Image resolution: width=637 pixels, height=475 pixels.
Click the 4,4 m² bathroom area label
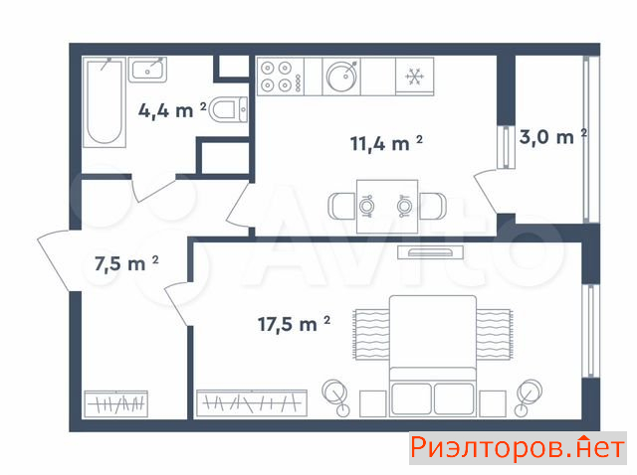click(x=172, y=110)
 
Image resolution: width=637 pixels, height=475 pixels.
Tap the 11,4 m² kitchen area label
click(x=386, y=143)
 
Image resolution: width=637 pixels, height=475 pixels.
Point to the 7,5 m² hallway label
click(x=126, y=263)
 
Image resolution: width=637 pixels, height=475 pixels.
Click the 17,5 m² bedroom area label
click(x=294, y=324)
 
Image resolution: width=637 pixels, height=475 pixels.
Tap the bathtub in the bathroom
click(x=104, y=101)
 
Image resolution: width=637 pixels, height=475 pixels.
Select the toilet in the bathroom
click(x=229, y=109)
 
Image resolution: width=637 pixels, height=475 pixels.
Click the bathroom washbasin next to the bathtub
click(x=148, y=70)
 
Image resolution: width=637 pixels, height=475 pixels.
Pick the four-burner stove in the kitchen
click(x=281, y=77)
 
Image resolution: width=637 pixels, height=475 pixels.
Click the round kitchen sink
click(x=341, y=77)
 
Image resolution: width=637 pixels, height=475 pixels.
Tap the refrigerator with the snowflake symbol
click(x=415, y=77)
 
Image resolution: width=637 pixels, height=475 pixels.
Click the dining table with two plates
click(x=387, y=207)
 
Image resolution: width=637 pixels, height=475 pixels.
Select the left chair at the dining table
click(x=342, y=207)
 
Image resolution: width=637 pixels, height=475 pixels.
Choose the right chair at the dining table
click(x=432, y=207)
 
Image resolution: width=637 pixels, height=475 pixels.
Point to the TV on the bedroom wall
click(x=431, y=252)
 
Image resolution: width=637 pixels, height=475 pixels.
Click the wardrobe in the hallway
click(x=115, y=404)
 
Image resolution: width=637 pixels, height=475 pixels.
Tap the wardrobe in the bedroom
click(x=252, y=403)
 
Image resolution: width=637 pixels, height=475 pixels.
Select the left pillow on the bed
click(x=411, y=398)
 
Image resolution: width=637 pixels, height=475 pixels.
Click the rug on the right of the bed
click(x=494, y=334)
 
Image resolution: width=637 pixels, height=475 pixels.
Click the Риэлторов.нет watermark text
click(x=518, y=448)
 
